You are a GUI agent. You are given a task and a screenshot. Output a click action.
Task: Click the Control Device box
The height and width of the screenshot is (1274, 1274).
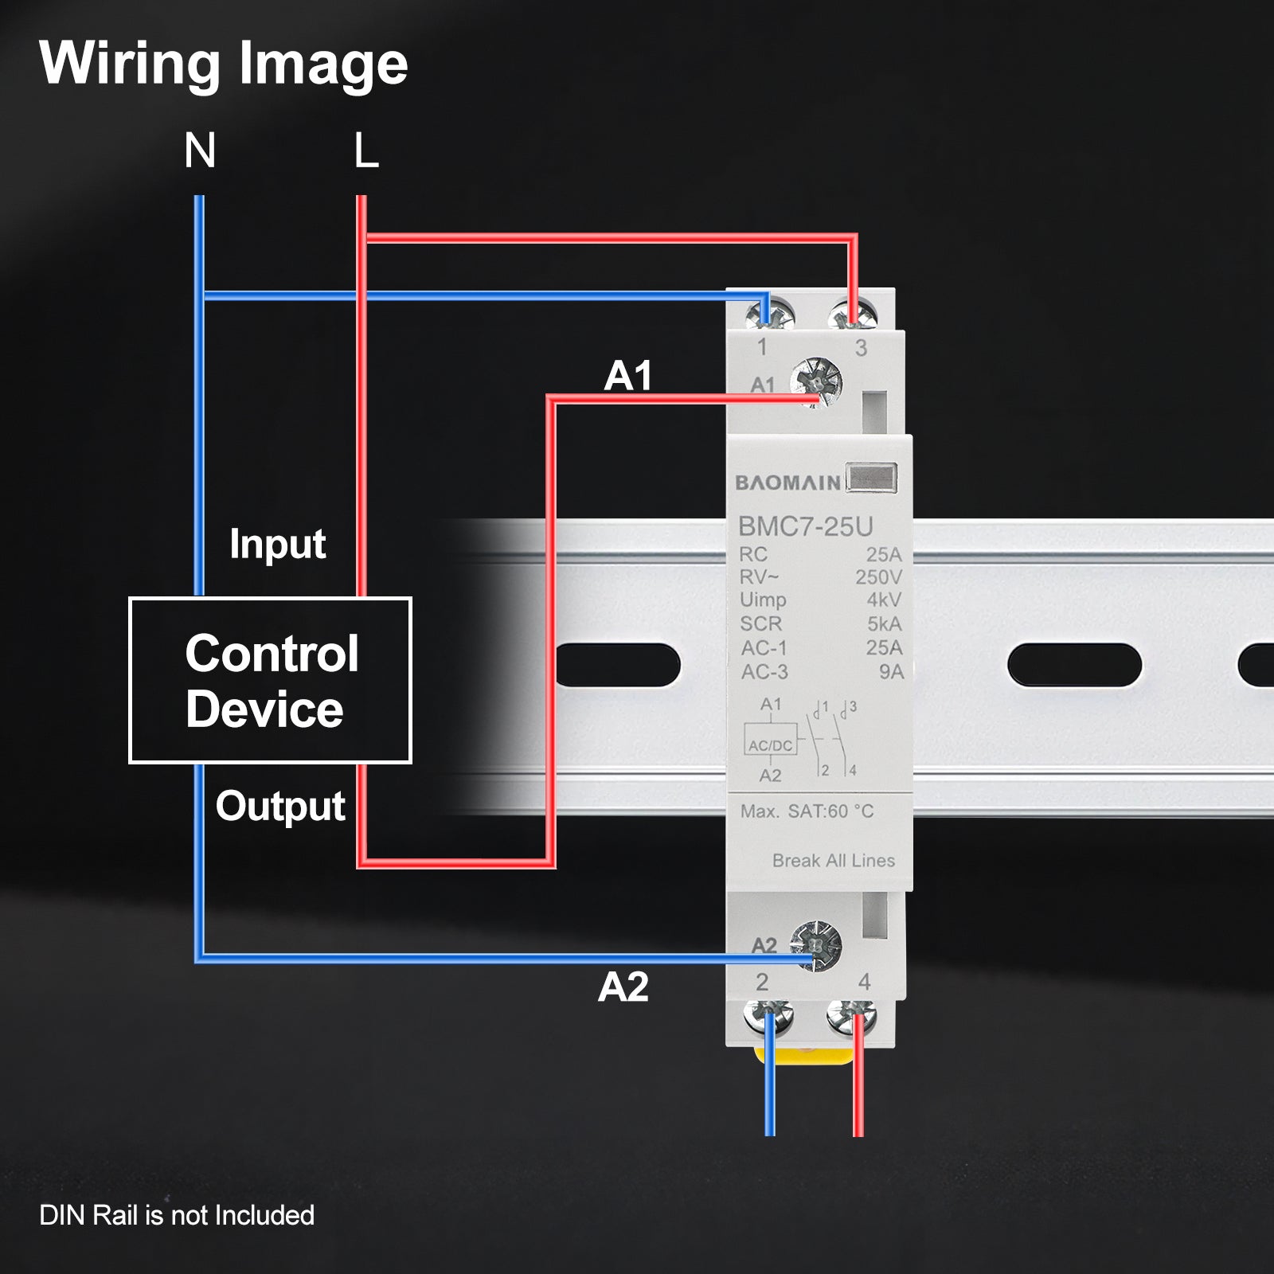[x=270, y=680]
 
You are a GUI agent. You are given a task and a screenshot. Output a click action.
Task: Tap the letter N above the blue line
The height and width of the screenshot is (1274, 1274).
[x=200, y=150]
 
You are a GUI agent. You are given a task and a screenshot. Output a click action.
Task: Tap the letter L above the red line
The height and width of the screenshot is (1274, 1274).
[x=365, y=150]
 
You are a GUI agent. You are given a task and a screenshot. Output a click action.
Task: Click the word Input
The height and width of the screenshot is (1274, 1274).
[x=277, y=545]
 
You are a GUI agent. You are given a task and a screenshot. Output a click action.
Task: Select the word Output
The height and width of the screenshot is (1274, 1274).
[x=280, y=806]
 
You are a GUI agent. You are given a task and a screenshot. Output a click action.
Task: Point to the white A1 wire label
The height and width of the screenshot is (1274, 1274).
[x=628, y=376]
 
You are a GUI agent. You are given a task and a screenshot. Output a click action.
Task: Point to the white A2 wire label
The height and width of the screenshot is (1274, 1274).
[x=623, y=987]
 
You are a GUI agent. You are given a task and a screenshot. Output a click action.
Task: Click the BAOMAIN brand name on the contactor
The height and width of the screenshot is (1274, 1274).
[x=787, y=483]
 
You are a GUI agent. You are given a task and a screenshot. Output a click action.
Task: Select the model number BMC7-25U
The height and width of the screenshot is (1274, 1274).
[x=805, y=526]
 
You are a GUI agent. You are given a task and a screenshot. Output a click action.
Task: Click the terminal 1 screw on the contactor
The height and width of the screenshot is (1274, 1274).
[x=770, y=314]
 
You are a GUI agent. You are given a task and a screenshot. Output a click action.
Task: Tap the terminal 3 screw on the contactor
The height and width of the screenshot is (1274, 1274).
[x=853, y=314]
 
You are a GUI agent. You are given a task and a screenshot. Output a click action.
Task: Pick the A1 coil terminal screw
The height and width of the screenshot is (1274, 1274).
[x=816, y=383]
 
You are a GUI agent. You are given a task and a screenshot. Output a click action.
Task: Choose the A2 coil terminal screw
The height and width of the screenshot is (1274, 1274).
[x=816, y=945]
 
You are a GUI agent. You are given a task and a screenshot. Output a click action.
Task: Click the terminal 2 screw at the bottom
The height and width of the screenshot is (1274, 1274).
[x=768, y=1017]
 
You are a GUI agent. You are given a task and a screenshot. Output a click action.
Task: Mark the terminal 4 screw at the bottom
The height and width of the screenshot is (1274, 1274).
[x=852, y=1017]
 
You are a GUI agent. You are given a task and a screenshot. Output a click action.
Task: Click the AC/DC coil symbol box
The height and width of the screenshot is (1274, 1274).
[x=770, y=739]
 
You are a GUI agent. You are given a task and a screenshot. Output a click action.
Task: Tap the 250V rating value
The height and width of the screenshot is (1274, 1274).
[x=878, y=577]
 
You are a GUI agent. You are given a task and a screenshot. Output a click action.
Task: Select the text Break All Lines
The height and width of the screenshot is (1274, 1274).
[x=833, y=861]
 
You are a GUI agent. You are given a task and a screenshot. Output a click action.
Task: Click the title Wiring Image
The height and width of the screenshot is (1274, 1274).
[x=224, y=64]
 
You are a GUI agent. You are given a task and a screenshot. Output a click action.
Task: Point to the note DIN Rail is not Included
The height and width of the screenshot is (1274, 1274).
[x=177, y=1216]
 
